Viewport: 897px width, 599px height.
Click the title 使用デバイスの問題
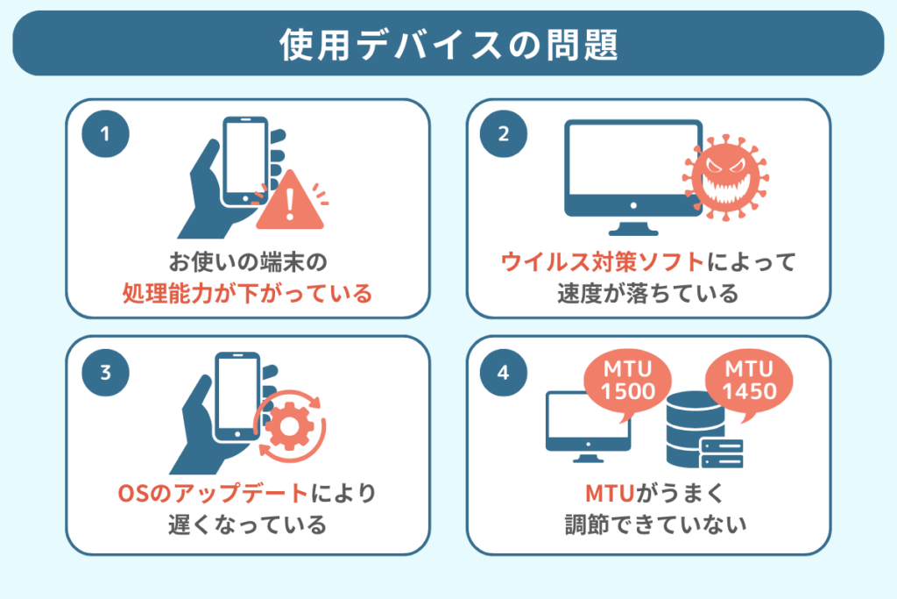coord(448,45)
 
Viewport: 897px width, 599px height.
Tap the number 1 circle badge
coord(105,135)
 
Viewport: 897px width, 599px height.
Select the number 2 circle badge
coord(503,135)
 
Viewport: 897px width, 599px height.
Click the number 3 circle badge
coord(105,372)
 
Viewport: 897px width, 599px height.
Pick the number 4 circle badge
coord(503,372)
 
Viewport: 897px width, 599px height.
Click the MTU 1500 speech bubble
coord(629,381)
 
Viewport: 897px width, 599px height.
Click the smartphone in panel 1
coord(246,161)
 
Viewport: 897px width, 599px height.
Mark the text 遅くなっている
coord(247,525)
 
